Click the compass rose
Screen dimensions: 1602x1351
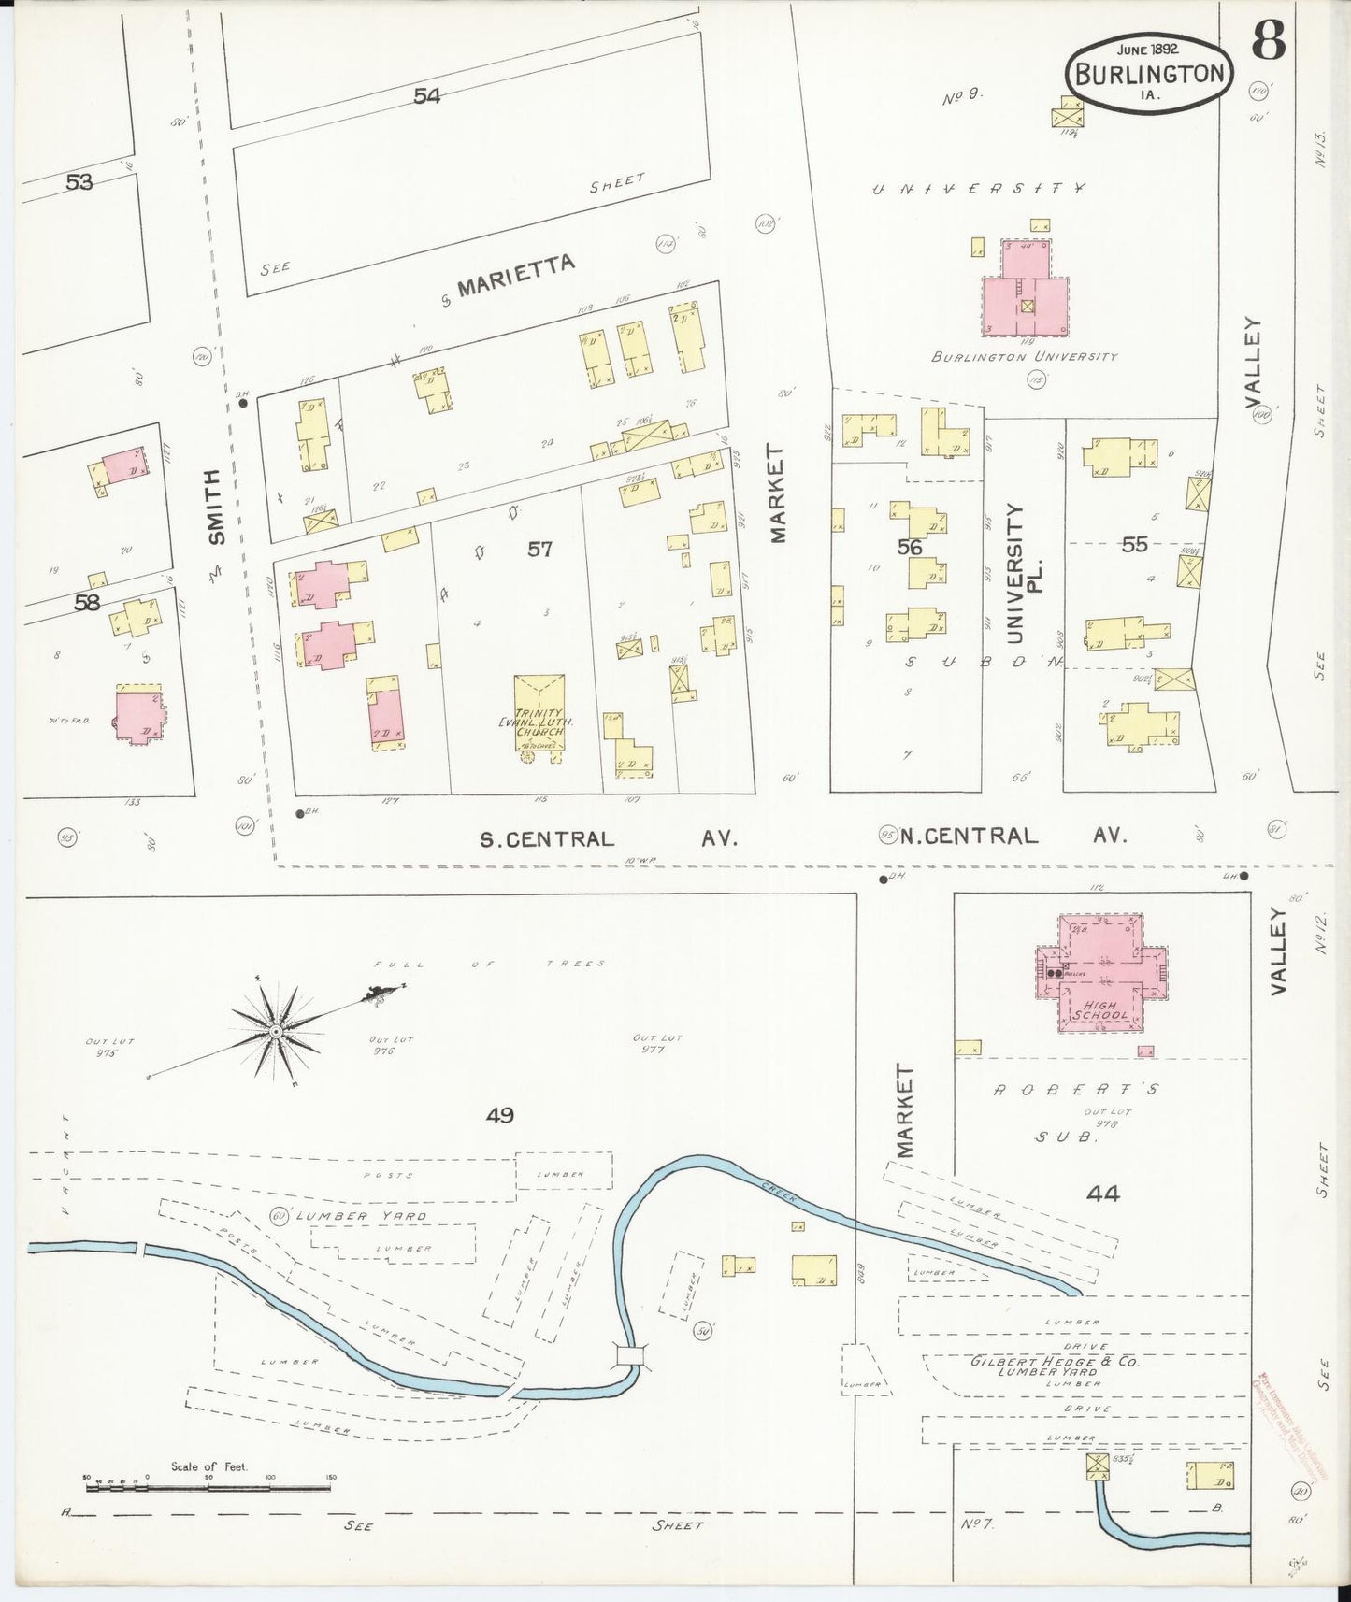277,1030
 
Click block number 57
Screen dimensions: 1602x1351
539,550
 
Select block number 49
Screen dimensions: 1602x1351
500,1114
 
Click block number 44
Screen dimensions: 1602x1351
1102,1193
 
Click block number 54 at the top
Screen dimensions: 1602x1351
427,95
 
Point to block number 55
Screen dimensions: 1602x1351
1133,544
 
